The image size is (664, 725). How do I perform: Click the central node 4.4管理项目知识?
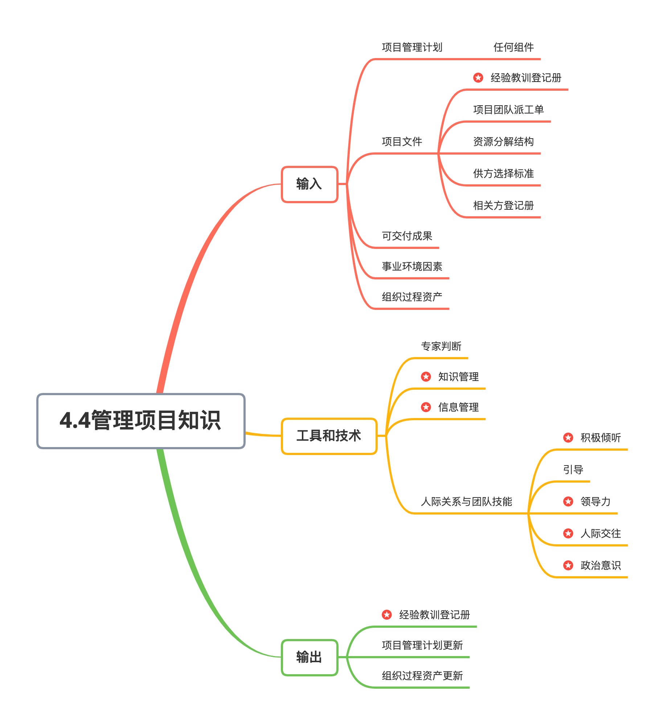[141, 421]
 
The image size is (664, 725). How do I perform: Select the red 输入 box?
[310, 184]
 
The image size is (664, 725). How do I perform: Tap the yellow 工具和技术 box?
[329, 436]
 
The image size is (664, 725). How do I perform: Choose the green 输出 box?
[310, 657]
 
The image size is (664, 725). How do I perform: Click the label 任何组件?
[513, 47]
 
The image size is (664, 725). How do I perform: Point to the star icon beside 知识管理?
[426, 377]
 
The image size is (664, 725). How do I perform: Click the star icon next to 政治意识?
[568, 565]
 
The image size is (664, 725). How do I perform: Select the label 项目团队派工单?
[508, 110]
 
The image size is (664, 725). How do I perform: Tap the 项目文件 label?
[402, 142]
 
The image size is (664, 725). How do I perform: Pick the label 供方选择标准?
[503, 173]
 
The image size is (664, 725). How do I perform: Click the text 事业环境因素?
[412, 266]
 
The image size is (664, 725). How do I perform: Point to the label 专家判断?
[441, 346]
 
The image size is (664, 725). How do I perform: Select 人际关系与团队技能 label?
[466, 501]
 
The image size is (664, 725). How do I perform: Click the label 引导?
[573, 470]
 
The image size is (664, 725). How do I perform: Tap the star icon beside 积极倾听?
[568, 438]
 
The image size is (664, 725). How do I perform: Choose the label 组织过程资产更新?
[422, 676]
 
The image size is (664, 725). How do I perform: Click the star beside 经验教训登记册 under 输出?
[387, 615]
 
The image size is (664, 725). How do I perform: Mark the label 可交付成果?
[407, 236]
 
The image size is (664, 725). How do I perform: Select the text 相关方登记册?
[503, 205]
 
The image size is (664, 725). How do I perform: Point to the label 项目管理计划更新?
[422, 645]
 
